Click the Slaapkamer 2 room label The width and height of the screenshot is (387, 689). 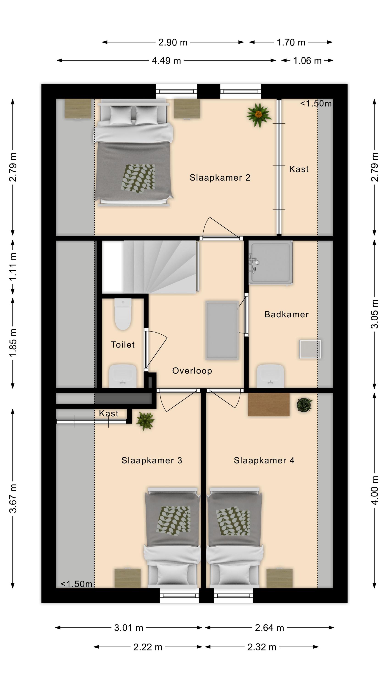220,178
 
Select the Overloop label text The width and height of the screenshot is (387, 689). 192,371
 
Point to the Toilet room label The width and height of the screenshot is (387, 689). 123,344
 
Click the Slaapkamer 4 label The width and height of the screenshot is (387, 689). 264,460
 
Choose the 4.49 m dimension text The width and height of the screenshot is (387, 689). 166,61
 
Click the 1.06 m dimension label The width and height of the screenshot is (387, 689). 307,61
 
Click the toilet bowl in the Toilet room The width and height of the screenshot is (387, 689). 123,314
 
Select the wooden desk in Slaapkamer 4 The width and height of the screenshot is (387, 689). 269,404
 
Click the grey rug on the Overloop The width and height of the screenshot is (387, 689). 222,330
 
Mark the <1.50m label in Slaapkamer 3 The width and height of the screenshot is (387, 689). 76,584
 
